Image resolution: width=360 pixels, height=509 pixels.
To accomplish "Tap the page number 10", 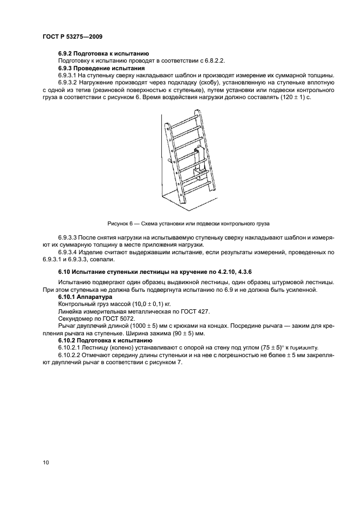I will pyautogui.click(x=46, y=462).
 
